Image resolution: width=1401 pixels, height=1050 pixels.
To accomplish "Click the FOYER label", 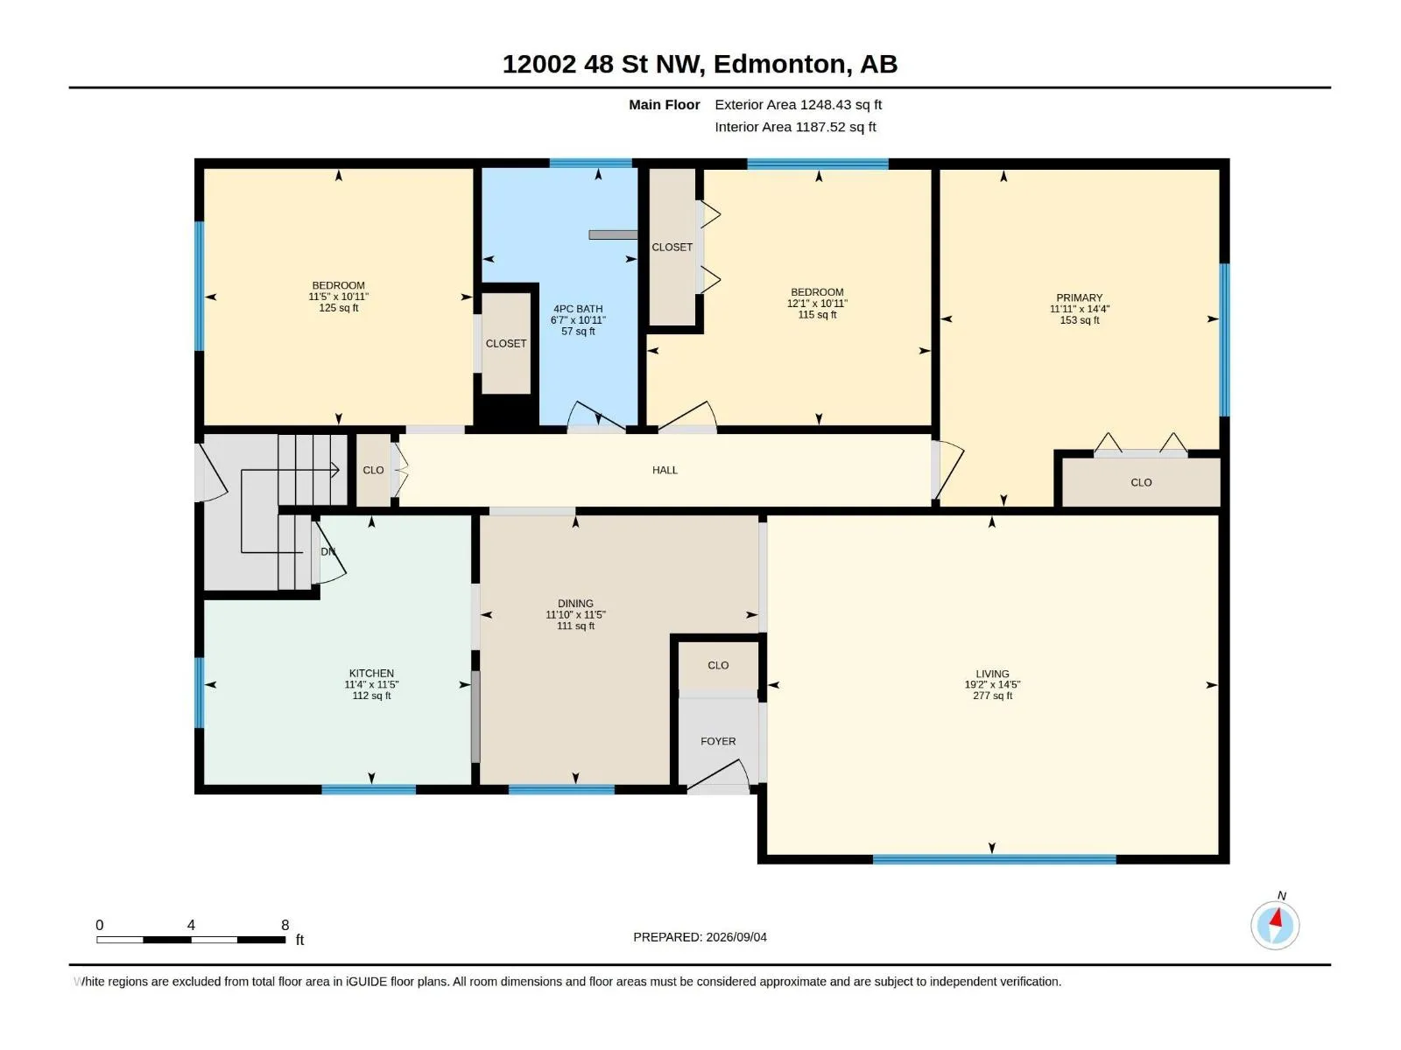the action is [x=717, y=741].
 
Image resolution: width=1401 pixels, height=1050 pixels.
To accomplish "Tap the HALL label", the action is [x=665, y=470].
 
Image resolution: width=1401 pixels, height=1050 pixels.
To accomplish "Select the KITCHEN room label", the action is [x=371, y=673].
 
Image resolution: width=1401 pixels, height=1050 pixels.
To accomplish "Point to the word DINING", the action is [x=575, y=603].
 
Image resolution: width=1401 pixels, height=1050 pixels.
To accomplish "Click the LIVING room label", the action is [x=992, y=674].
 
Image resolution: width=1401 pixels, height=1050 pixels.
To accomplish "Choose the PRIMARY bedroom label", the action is [x=1079, y=297].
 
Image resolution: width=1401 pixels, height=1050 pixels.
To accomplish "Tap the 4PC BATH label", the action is [x=578, y=309].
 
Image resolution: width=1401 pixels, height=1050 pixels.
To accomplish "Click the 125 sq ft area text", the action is [x=338, y=308].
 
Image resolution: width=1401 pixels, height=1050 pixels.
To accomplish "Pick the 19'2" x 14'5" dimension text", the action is [x=992, y=685].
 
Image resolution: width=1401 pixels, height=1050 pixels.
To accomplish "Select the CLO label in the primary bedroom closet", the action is [x=1141, y=483].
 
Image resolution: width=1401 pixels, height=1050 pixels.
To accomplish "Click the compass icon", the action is [x=1275, y=925].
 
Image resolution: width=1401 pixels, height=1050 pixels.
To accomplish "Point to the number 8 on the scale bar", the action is [x=285, y=925].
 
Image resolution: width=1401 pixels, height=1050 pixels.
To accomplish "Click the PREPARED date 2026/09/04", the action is [x=736, y=937].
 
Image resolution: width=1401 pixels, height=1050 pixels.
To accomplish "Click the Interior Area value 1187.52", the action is [x=820, y=127].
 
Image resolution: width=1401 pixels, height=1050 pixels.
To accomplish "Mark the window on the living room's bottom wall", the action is [x=994, y=859].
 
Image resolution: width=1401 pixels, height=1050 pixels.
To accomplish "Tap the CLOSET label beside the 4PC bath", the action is [x=505, y=344].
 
